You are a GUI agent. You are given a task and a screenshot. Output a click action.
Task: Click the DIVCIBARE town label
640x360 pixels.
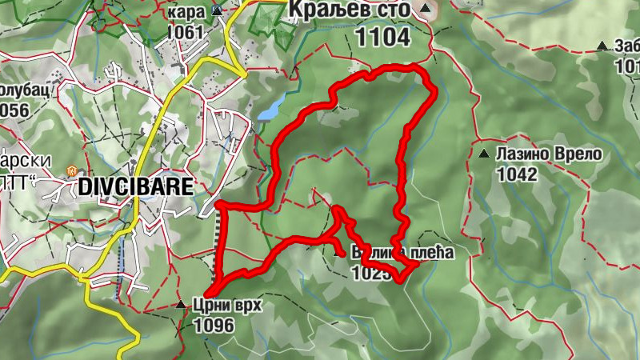tap(135, 187)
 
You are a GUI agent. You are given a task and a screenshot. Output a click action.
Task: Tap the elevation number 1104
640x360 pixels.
tap(383, 36)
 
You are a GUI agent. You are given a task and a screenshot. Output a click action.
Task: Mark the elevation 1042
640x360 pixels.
tap(516, 174)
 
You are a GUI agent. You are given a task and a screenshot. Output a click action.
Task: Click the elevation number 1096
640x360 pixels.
tap(214, 325)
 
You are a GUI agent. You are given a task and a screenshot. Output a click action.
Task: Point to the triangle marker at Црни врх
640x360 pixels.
tap(181, 305)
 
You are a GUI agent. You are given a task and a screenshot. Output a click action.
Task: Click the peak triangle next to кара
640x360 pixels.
tap(218, 10)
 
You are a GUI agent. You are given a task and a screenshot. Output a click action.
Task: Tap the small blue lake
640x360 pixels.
tap(272, 108)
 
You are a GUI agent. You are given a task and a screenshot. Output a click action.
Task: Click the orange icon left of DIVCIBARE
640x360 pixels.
tap(71, 171)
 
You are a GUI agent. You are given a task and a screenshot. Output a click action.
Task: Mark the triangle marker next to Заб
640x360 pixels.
tap(602, 46)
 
